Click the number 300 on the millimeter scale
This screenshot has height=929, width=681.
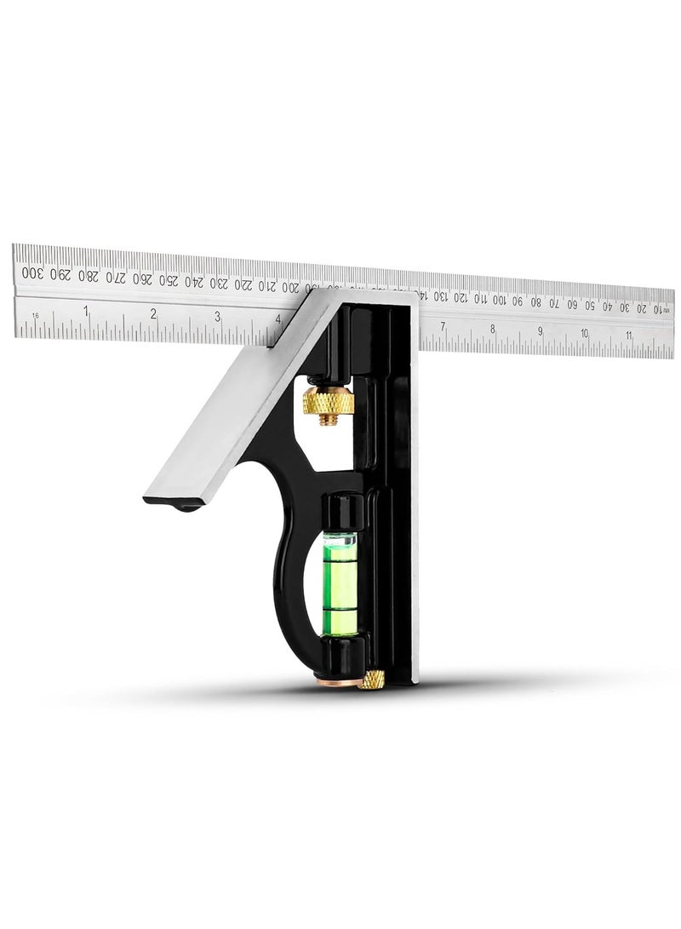pyautogui.click(x=31, y=272)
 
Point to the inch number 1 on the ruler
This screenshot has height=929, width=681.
pyautogui.click(x=86, y=311)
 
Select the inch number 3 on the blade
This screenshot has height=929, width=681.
pyautogui.click(x=218, y=316)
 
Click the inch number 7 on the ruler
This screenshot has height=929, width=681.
pyautogui.click(x=443, y=326)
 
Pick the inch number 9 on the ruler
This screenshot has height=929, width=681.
pyautogui.click(x=540, y=330)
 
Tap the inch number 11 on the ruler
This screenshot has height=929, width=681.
pyautogui.click(x=628, y=335)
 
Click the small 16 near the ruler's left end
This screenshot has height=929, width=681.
pyautogui.click(x=36, y=315)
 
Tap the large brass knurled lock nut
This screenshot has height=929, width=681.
pyautogui.click(x=328, y=399)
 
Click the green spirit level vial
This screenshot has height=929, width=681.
pyautogui.click(x=345, y=582)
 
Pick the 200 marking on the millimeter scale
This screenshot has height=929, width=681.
pyautogui.click(x=289, y=287)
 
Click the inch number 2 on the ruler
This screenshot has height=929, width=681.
pyautogui.click(x=153, y=313)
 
